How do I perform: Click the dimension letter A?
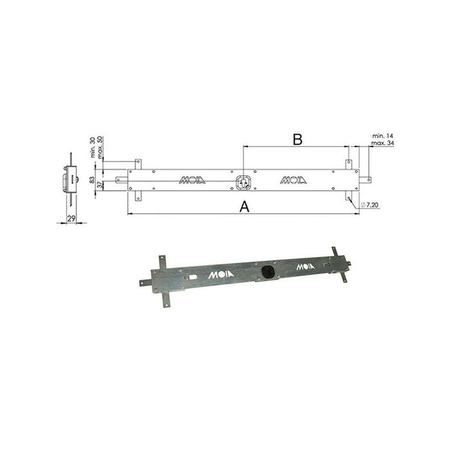[244, 206]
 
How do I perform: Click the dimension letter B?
[296, 139]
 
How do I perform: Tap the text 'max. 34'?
[384, 143]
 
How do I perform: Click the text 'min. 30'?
[92, 148]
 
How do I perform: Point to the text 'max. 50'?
[99, 148]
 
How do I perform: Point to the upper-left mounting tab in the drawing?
[136, 163]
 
